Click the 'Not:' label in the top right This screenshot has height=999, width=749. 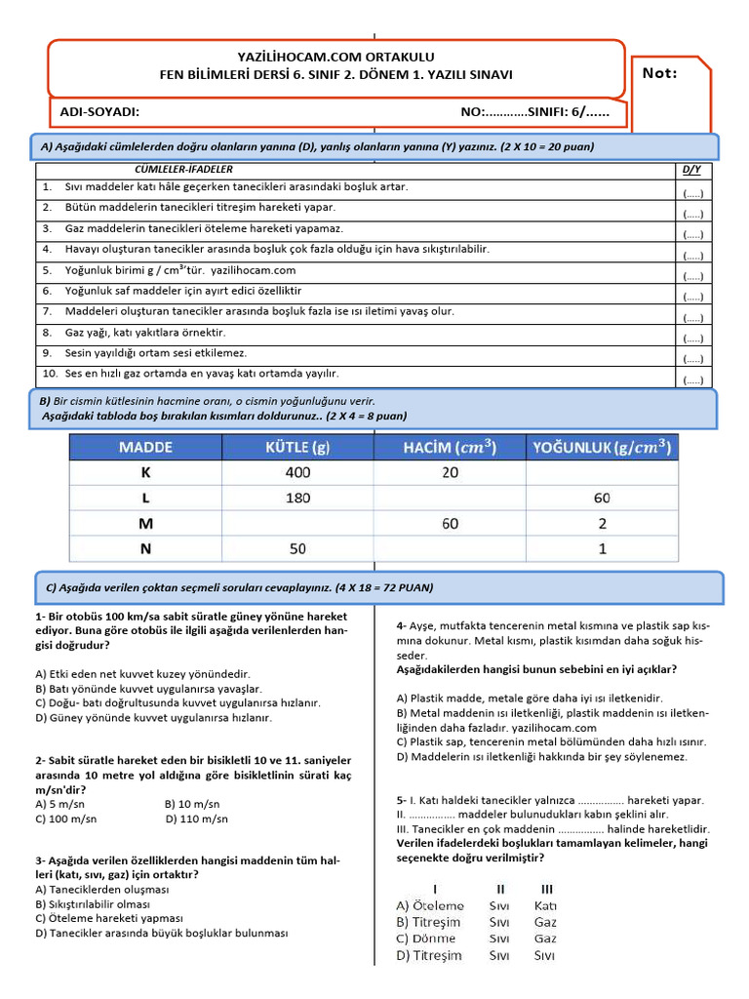tap(660, 73)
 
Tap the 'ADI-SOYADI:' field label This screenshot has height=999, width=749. tap(99, 112)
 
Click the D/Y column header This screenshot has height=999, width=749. tap(692, 170)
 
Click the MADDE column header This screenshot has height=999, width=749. tap(145, 448)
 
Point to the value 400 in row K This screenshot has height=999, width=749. tap(298, 472)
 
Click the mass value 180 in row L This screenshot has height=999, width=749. tap(298, 498)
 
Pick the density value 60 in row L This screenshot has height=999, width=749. tap(602, 498)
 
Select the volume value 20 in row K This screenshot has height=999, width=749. tap(450, 472)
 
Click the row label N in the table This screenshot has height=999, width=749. tap(145, 549)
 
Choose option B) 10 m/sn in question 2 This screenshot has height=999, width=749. tap(197, 805)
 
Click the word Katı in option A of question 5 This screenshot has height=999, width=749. tap(545, 905)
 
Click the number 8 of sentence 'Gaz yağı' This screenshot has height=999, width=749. tap(46, 333)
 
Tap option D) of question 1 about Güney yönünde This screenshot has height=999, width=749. tap(153, 717)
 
